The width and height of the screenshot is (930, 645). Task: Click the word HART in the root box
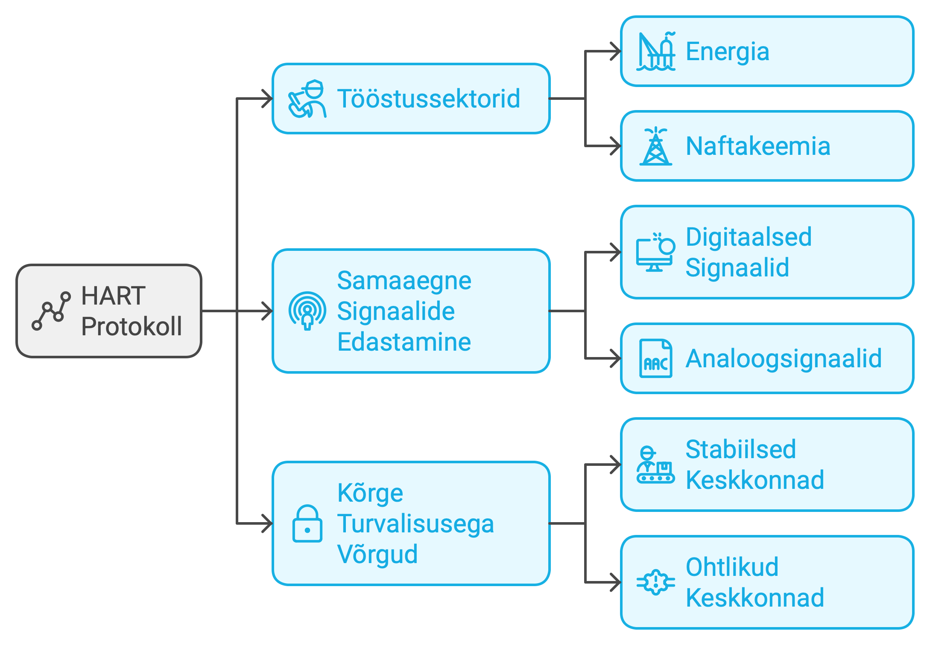click(113, 296)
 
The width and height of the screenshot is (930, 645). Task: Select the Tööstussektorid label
click(428, 99)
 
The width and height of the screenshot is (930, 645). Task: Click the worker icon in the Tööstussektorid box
click(307, 99)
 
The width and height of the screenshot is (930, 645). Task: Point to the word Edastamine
click(404, 342)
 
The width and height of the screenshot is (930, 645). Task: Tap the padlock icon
click(307, 523)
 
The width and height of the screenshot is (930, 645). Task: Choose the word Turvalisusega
click(415, 523)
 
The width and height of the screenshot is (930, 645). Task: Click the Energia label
click(727, 51)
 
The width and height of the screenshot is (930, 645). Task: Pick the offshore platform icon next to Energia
click(656, 51)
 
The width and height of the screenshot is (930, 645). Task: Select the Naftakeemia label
click(758, 146)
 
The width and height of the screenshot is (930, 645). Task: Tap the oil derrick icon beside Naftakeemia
click(656, 146)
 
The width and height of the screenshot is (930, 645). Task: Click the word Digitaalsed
click(749, 237)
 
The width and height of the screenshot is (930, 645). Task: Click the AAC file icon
click(656, 358)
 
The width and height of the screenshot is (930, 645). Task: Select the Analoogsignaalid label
click(784, 358)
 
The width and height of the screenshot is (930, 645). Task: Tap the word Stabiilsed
click(741, 449)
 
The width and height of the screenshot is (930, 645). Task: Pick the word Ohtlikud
click(732, 567)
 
